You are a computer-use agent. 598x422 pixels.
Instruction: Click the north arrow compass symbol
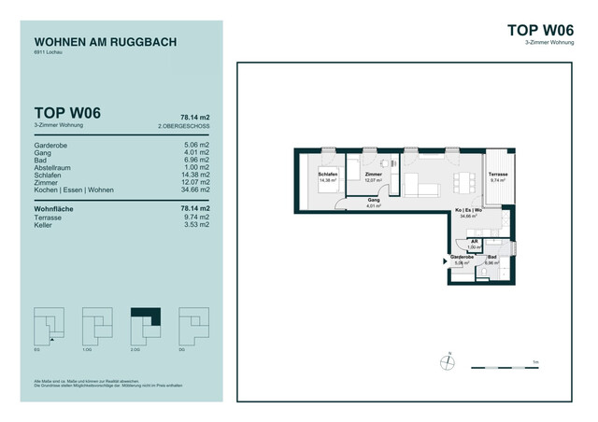(x=449, y=359)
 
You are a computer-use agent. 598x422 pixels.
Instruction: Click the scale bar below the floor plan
(x=523, y=363)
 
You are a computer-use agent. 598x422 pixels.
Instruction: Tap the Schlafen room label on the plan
(x=327, y=176)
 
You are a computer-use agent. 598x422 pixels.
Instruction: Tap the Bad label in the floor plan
(x=492, y=259)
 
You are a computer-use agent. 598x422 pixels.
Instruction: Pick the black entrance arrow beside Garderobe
(x=444, y=262)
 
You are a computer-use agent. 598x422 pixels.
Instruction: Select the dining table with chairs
(x=460, y=179)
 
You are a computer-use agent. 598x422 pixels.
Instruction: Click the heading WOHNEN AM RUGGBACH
(x=105, y=42)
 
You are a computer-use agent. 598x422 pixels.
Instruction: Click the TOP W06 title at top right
(x=540, y=30)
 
